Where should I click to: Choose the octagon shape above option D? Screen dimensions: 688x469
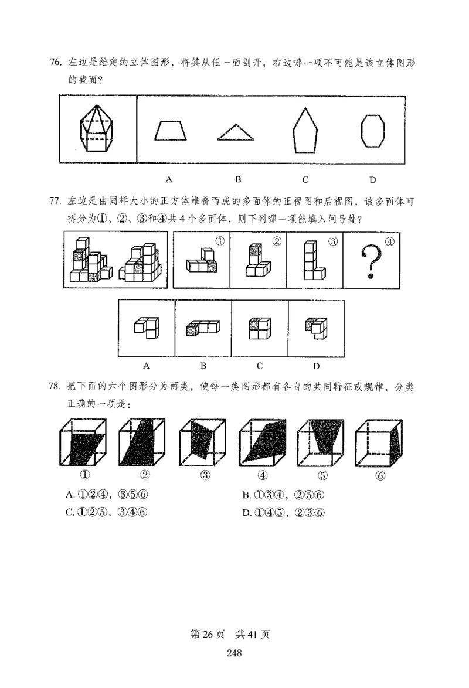pos(372,130)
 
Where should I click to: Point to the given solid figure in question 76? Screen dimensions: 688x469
pos(97,128)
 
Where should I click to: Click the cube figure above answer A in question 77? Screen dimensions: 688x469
pos(146,328)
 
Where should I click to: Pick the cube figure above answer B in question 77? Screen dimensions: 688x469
pos(202,328)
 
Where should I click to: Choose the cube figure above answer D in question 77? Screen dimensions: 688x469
pos(315,329)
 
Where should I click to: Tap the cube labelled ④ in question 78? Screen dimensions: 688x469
pos(262,443)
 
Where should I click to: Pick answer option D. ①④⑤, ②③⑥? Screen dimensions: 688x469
pos(284,513)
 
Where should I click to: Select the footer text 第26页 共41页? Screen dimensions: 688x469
pos(235,633)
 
